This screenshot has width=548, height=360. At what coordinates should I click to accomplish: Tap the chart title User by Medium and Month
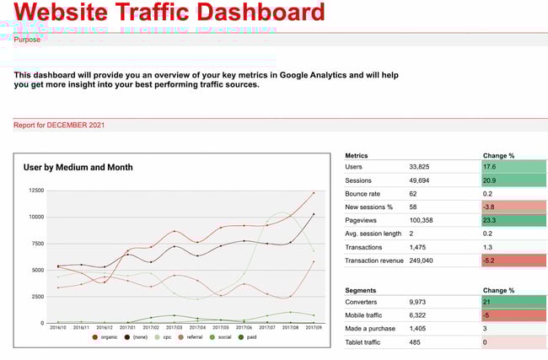(78, 167)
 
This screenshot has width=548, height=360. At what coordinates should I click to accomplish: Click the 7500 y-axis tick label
(35, 244)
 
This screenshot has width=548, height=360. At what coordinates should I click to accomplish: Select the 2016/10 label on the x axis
(57, 328)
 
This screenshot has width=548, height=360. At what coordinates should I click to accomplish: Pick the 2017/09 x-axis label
(313, 328)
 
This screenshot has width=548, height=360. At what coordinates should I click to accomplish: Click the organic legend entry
(107, 337)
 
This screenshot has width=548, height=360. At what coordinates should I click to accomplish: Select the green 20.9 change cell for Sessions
(513, 180)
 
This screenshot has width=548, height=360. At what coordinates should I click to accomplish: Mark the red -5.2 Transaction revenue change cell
(513, 261)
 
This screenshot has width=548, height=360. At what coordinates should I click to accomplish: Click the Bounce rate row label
(364, 194)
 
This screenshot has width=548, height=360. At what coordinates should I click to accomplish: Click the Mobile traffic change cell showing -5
(513, 314)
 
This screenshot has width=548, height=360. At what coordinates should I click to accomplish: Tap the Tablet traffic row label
(366, 342)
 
